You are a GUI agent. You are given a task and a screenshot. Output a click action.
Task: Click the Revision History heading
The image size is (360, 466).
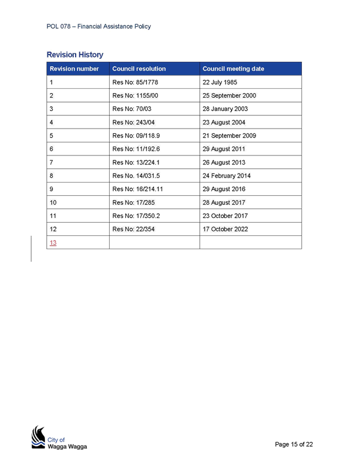tap(75, 55)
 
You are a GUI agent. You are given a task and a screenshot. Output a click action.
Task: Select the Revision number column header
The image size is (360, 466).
tap(74, 68)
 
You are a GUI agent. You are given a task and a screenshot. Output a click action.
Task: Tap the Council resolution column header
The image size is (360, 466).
tap(139, 68)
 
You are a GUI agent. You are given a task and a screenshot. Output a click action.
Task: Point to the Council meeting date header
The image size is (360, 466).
tap(233, 68)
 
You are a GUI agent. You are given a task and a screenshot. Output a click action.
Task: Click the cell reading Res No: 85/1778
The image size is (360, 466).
tap(135, 82)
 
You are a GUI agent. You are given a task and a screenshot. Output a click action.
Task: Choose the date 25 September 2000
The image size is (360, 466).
tap(229, 95)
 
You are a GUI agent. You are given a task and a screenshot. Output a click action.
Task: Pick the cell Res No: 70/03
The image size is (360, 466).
tap(132, 109)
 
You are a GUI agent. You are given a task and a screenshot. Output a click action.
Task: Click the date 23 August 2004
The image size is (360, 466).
tap(224, 122)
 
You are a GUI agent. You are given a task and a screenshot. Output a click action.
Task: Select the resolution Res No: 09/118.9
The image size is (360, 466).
tap(136, 136)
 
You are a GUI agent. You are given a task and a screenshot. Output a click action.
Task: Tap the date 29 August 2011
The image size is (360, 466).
tap(224, 149)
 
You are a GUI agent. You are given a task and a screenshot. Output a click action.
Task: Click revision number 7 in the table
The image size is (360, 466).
tap(52, 162)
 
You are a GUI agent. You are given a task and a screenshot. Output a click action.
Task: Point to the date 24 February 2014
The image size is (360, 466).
tap(227, 175)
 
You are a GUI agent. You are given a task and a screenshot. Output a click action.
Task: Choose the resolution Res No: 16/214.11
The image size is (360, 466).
tap(137, 189)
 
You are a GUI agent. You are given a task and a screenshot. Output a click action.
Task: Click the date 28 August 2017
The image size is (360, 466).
tap(224, 202)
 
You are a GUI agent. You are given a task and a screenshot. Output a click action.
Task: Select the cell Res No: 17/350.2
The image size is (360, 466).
tap(136, 216)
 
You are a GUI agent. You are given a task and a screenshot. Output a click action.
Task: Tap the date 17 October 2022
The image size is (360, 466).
tap(225, 229)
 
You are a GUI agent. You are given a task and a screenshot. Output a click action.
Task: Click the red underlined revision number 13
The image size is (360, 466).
tap(53, 243)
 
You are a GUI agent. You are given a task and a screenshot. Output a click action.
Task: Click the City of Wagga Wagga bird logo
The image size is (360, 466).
tap(38, 437)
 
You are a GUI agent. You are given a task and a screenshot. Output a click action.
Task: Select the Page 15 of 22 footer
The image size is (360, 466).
tap(294, 444)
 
